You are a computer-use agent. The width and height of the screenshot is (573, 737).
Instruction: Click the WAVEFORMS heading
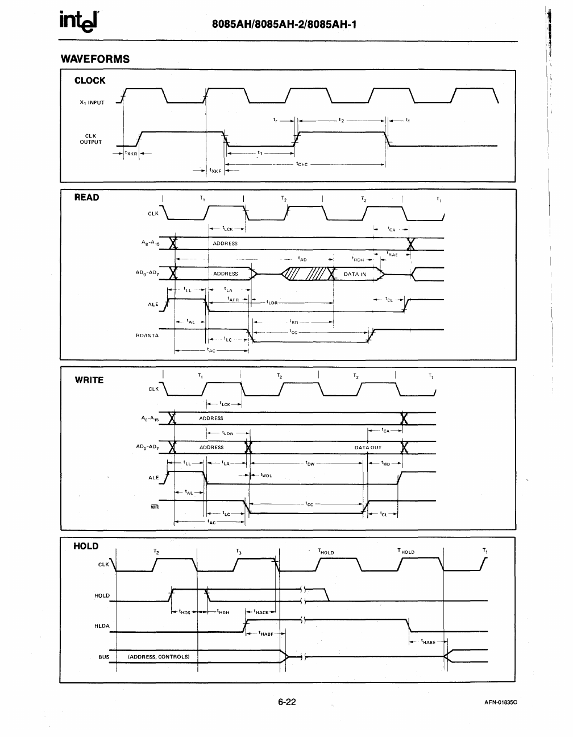(95, 59)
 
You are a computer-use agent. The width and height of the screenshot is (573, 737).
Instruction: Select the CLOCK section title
(90, 81)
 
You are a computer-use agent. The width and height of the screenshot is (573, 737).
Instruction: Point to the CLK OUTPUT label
(90, 139)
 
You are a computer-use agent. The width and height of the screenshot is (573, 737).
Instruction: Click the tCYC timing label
(302, 164)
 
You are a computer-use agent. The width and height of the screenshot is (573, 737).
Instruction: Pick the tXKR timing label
(132, 154)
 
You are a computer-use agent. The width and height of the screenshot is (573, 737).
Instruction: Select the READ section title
(86, 197)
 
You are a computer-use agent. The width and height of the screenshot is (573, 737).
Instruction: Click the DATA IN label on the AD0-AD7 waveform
(355, 274)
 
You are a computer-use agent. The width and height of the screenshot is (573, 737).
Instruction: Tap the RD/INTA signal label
(147, 336)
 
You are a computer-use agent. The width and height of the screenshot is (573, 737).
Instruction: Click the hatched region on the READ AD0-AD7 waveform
(307, 274)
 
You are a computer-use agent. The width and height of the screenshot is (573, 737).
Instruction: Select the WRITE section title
(89, 380)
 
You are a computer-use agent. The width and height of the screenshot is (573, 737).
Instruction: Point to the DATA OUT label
(368, 448)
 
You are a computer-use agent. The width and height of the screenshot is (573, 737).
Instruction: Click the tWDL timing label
(266, 475)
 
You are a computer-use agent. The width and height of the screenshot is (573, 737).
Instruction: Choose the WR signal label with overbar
(155, 507)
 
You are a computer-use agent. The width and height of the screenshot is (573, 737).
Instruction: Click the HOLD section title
(86, 546)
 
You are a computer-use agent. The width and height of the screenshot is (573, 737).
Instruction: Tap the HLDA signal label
(102, 626)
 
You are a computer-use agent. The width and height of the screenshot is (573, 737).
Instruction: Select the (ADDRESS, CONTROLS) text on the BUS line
(159, 657)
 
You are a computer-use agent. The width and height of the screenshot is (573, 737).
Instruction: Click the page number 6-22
(287, 702)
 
